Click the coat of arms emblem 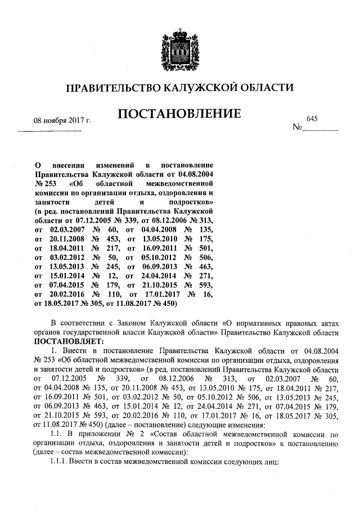point(180,43)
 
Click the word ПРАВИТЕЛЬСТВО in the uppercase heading point(112,88)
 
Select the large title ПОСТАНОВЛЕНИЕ point(179,115)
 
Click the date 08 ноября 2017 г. point(62,121)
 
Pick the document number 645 point(312,119)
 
